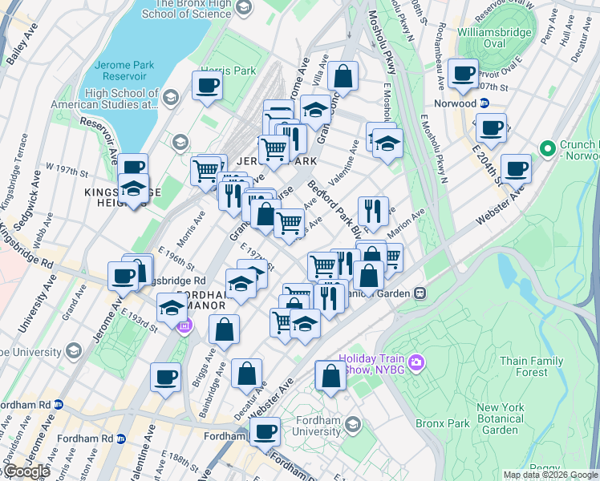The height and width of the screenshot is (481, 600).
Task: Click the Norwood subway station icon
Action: (484, 103)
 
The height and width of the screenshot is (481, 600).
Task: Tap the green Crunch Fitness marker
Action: (549, 149)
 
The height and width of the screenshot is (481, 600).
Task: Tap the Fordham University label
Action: (306, 425)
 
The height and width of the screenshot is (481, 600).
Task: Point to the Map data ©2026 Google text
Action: (550, 475)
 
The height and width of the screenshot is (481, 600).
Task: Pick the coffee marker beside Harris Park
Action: (207, 85)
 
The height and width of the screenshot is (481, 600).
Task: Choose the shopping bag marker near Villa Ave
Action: (343, 76)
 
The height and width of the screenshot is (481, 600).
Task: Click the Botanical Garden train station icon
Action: (420, 293)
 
